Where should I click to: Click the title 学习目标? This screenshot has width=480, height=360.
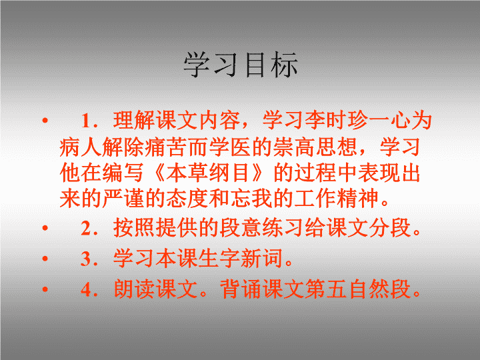pos(241,65)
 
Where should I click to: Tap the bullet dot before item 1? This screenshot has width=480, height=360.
pos(45,120)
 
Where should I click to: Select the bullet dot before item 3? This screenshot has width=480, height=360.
pos(45,259)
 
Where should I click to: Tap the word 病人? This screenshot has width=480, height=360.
pos(80,147)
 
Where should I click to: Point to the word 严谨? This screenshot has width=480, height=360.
pos(123,199)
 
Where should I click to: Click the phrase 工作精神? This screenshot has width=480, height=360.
pos(337,199)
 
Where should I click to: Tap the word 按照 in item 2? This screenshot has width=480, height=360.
pos(134,228)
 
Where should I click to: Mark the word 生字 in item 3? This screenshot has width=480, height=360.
pos(219,259)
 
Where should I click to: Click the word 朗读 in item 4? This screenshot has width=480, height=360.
pos(134,289)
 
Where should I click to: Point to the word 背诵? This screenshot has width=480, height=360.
pos(241,289)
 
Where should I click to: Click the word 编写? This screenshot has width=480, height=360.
pos(123,173)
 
